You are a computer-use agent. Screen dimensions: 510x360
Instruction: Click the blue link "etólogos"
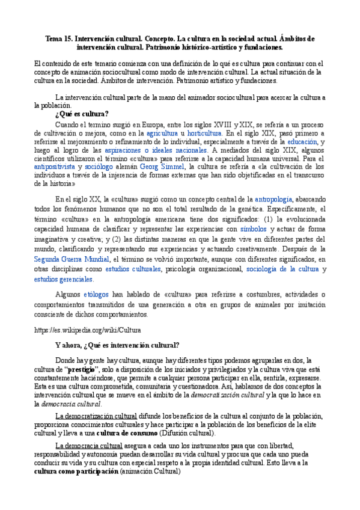click(95, 295)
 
